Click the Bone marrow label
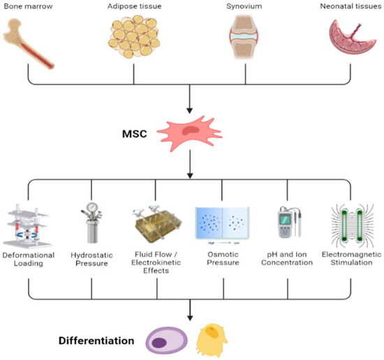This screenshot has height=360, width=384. pos(30,6)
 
